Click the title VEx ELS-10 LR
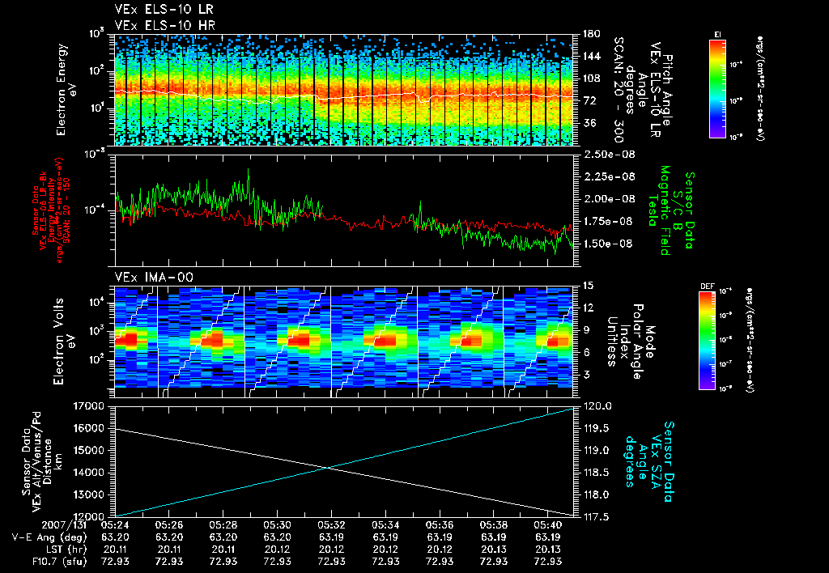coord(158,10)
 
